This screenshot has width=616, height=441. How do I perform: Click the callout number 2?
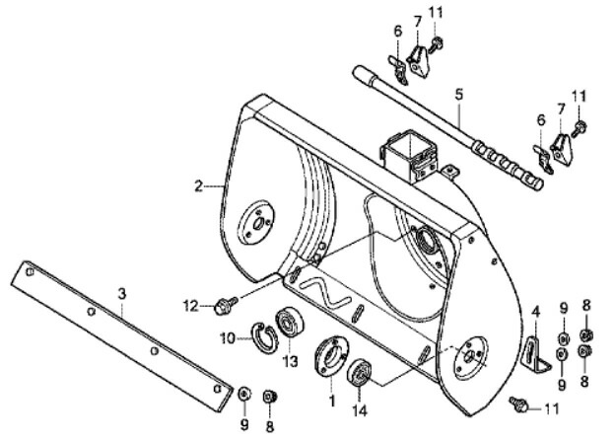click(199, 185)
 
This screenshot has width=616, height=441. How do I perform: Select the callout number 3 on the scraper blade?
click(122, 294)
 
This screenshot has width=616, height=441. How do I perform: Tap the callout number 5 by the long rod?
click(458, 95)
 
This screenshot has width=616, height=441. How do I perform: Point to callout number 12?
click(191, 306)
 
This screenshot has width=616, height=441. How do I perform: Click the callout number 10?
click(228, 338)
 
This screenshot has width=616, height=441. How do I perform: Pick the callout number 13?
click(291, 361)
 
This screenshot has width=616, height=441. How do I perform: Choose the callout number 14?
click(360, 410)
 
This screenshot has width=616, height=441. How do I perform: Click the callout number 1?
click(332, 401)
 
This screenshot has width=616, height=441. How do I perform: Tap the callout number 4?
click(536, 312)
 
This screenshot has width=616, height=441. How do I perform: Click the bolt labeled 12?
click(226, 305)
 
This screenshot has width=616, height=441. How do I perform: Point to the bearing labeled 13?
click(289, 322)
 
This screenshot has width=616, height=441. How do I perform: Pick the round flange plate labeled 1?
click(331, 356)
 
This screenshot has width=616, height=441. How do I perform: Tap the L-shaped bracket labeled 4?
click(534, 353)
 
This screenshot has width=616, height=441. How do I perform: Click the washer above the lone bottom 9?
click(244, 394)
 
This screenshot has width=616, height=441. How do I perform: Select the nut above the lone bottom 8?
click(269, 396)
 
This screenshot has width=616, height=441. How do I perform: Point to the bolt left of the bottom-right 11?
click(518, 404)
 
